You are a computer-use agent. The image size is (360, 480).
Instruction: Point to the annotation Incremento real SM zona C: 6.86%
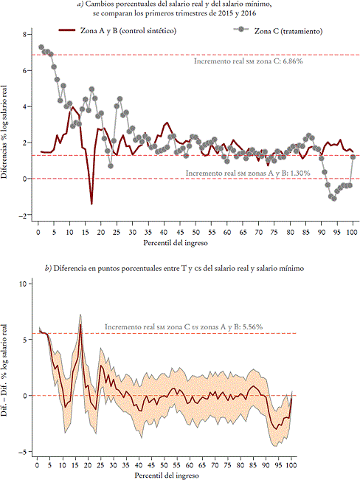click(249, 62)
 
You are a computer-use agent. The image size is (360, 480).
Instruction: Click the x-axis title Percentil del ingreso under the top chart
click(194, 242)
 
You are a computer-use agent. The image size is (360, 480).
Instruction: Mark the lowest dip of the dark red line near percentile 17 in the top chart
click(91, 204)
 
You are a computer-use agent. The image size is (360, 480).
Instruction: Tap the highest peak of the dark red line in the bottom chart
click(80, 325)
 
